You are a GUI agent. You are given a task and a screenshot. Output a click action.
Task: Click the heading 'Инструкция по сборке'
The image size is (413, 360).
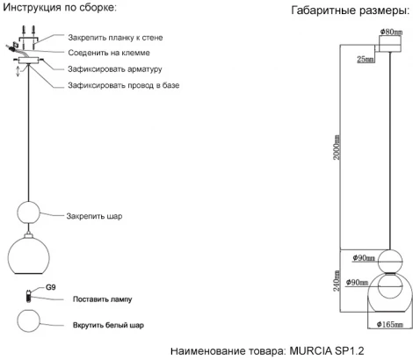60,8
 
